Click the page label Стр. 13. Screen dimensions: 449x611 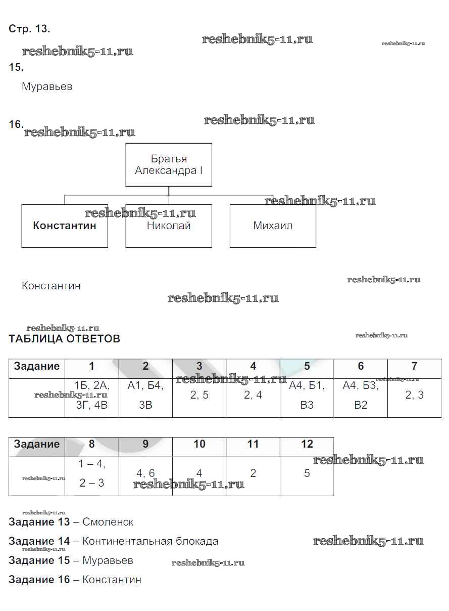[x=29, y=29]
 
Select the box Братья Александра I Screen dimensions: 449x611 [x=169, y=165]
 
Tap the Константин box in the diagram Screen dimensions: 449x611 [x=65, y=226]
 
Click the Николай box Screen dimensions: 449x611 [x=169, y=226]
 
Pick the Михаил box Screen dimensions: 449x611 [x=273, y=226]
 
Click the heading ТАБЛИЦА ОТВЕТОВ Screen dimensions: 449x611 [x=65, y=339]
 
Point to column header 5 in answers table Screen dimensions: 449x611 [x=307, y=366]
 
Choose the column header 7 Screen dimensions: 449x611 [x=414, y=366]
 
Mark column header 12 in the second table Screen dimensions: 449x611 [x=307, y=444]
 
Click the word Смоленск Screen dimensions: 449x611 [x=108, y=522]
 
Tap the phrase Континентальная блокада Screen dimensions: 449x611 [x=151, y=541]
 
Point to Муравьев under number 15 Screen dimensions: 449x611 [x=47, y=86]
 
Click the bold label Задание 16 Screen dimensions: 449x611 [x=39, y=579]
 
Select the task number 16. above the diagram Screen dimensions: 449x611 [x=16, y=124]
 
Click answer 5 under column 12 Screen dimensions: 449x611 [x=307, y=473]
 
